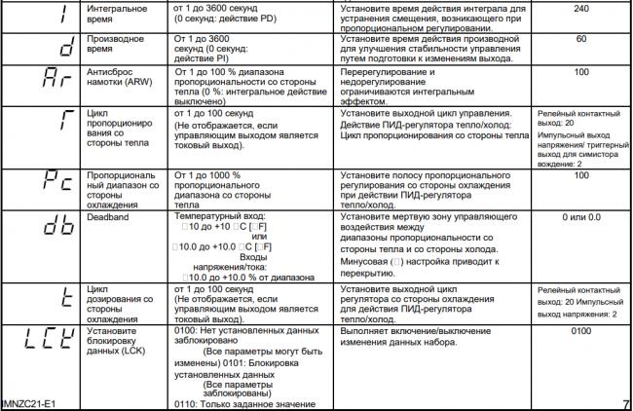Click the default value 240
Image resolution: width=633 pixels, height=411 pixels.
(x=581, y=9)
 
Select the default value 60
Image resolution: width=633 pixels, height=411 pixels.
(x=581, y=40)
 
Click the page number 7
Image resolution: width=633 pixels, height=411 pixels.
(x=624, y=403)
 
